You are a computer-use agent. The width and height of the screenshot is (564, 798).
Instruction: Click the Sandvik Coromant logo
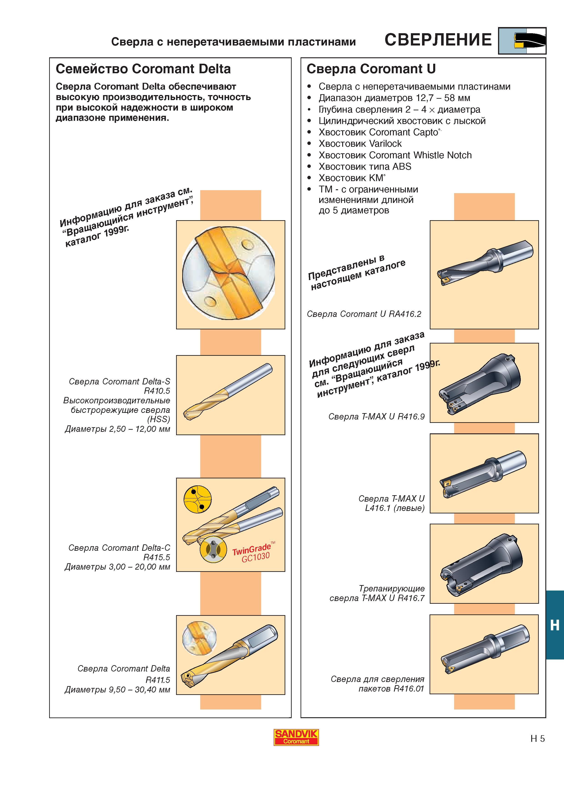[x=296, y=737]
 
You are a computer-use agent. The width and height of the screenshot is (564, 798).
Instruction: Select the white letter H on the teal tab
[x=555, y=626]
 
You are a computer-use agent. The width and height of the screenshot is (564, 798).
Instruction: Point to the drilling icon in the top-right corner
[x=522, y=41]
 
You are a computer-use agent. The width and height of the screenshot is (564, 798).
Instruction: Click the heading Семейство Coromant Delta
[x=143, y=69]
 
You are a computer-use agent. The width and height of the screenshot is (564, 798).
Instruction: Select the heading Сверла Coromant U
[x=371, y=69]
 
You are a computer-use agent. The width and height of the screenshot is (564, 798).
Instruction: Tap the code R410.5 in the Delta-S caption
[x=157, y=391]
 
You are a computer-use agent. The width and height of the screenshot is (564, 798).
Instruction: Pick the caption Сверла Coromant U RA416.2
[x=364, y=314]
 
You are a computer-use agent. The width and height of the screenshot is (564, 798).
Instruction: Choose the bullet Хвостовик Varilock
[x=360, y=144]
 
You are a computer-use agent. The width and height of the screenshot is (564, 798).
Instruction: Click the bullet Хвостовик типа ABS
[x=365, y=167]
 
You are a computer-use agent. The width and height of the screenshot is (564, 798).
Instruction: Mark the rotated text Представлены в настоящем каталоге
[x=357, y=273]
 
